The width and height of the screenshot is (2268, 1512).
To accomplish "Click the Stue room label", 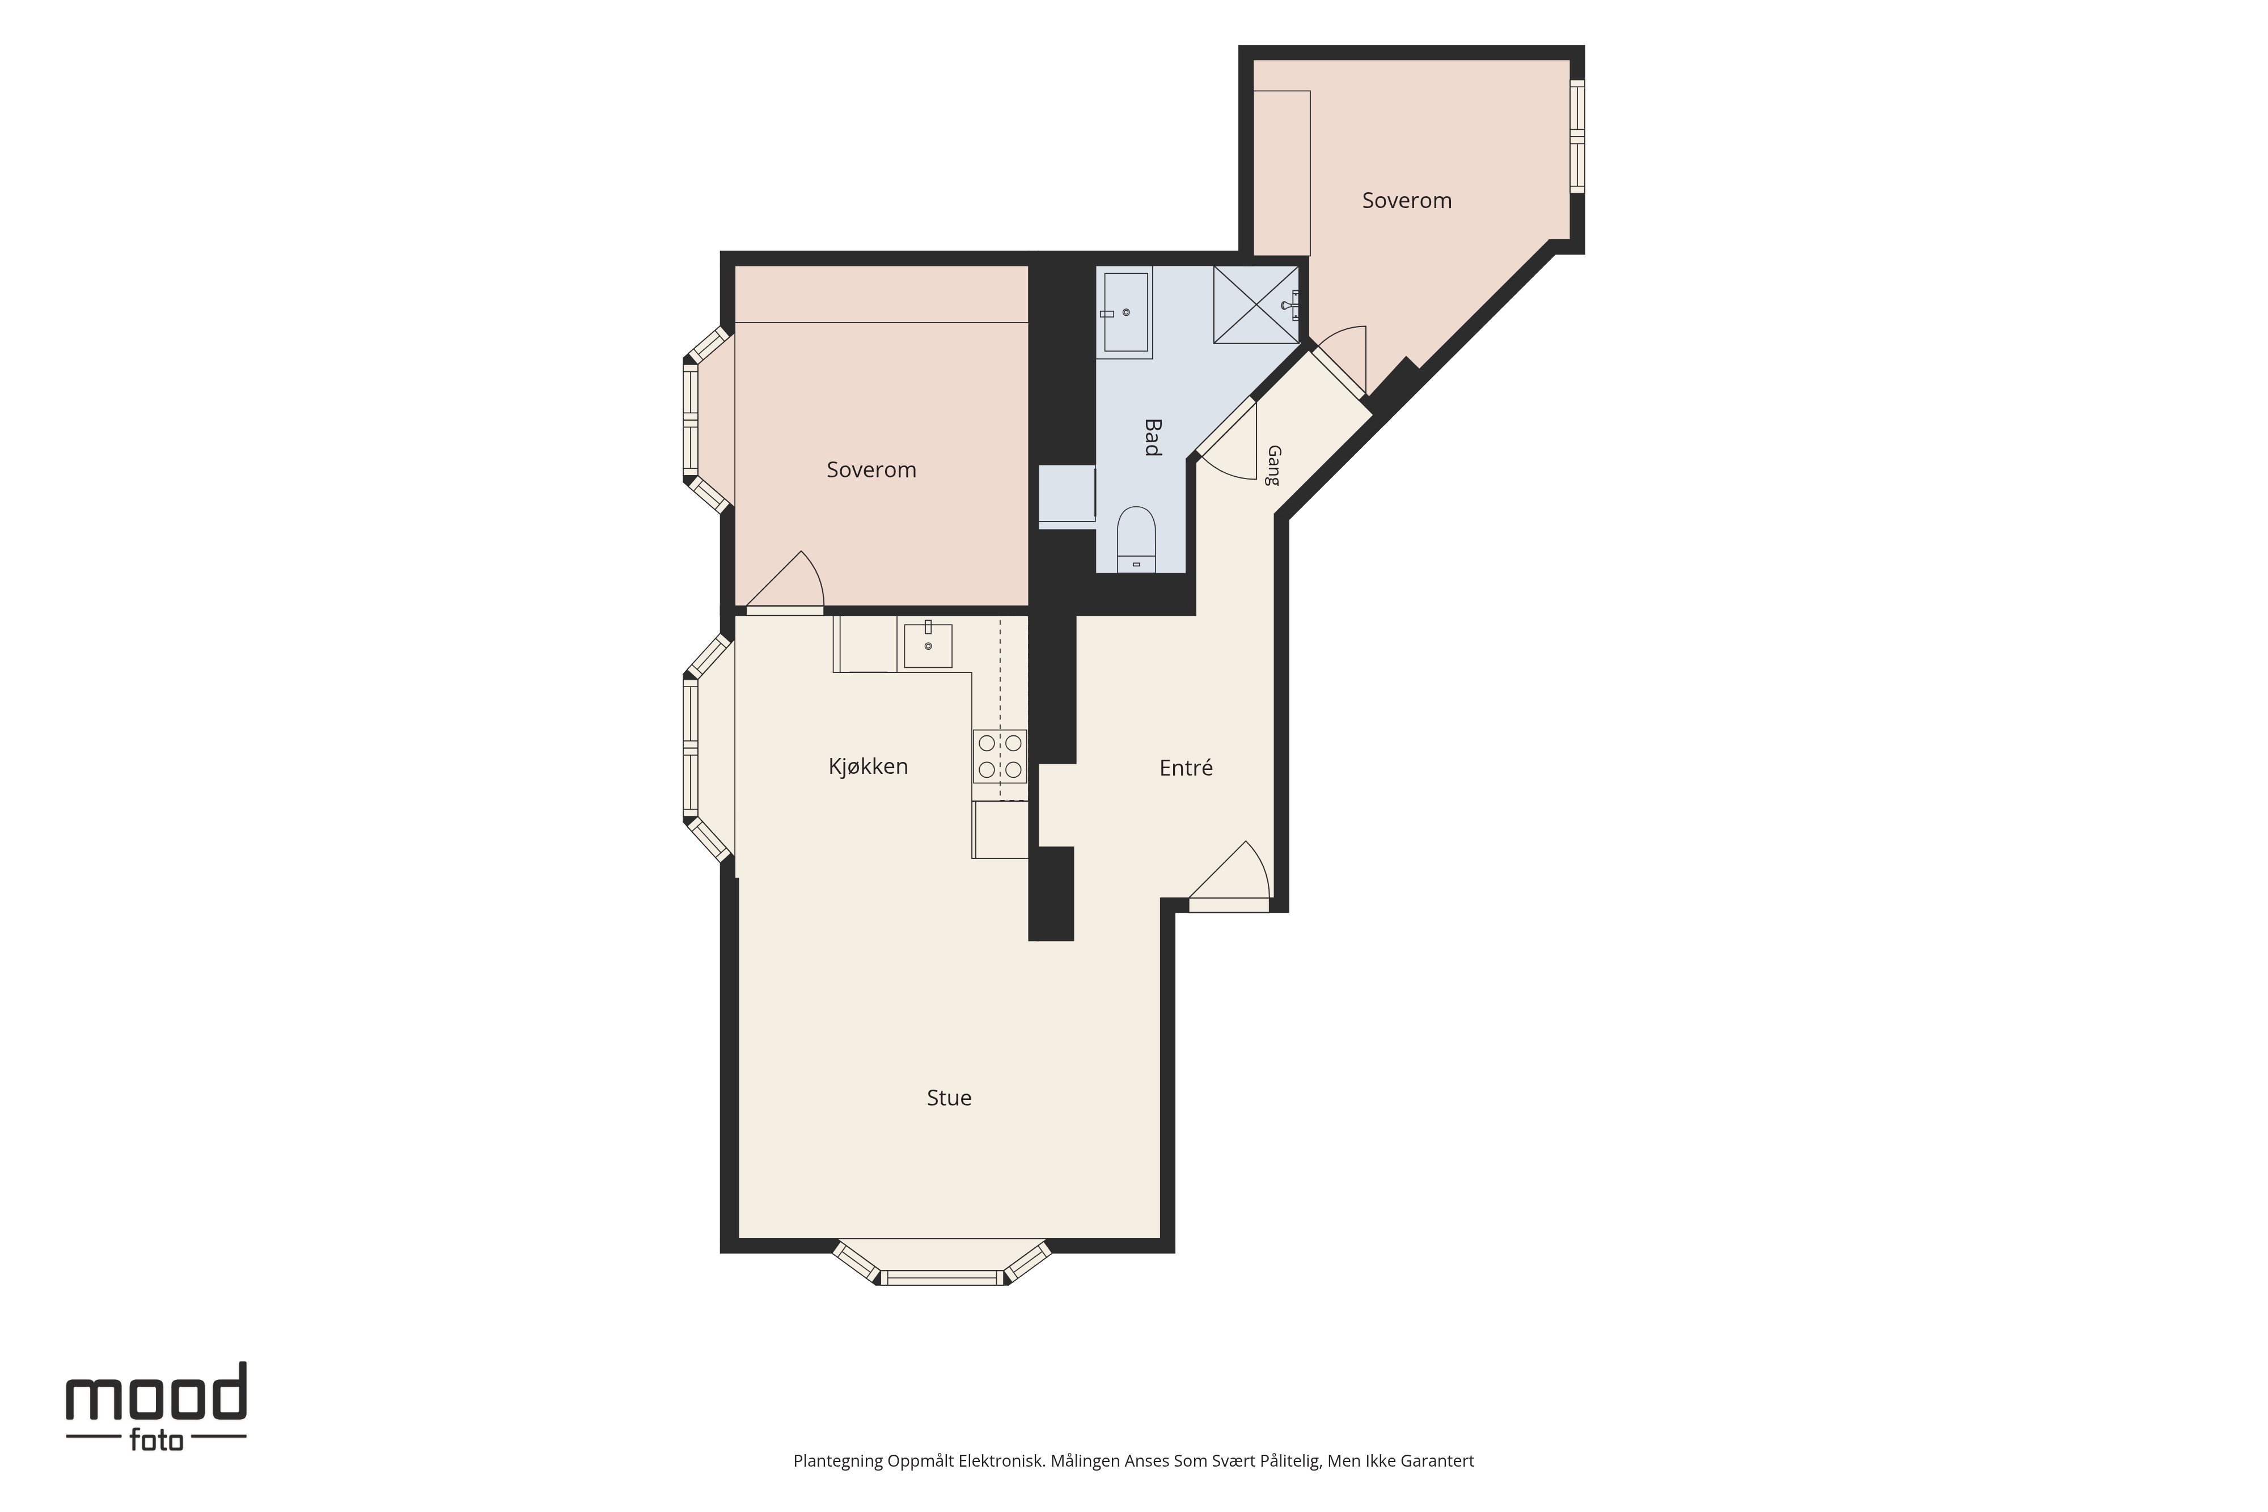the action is pyautogui.click(x=949, y=1098).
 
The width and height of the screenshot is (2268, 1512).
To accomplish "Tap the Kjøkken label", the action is pyautogui.click(x=868, y=766).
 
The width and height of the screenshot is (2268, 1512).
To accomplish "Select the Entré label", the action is pyautogui.click(x=1186, y=768).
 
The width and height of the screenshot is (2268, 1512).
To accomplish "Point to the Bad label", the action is pyautogui.click(x=1152, y=437).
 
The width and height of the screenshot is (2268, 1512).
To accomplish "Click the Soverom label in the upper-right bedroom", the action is pyautogui.click(x=1407, y=201).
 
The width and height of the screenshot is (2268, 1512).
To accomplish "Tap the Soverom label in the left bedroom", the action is pyautogui.click(x=871, y=469).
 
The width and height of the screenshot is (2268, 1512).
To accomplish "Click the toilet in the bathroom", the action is pyautogui.click(x=1136, y=539).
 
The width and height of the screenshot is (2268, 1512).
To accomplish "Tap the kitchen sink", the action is pyautogui.click(x=928, y=644).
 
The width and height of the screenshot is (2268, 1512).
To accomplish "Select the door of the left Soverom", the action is pyautogui.click(x=785, y=582).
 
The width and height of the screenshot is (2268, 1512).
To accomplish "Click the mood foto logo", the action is pyautogui.click(x=156, y=1406).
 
